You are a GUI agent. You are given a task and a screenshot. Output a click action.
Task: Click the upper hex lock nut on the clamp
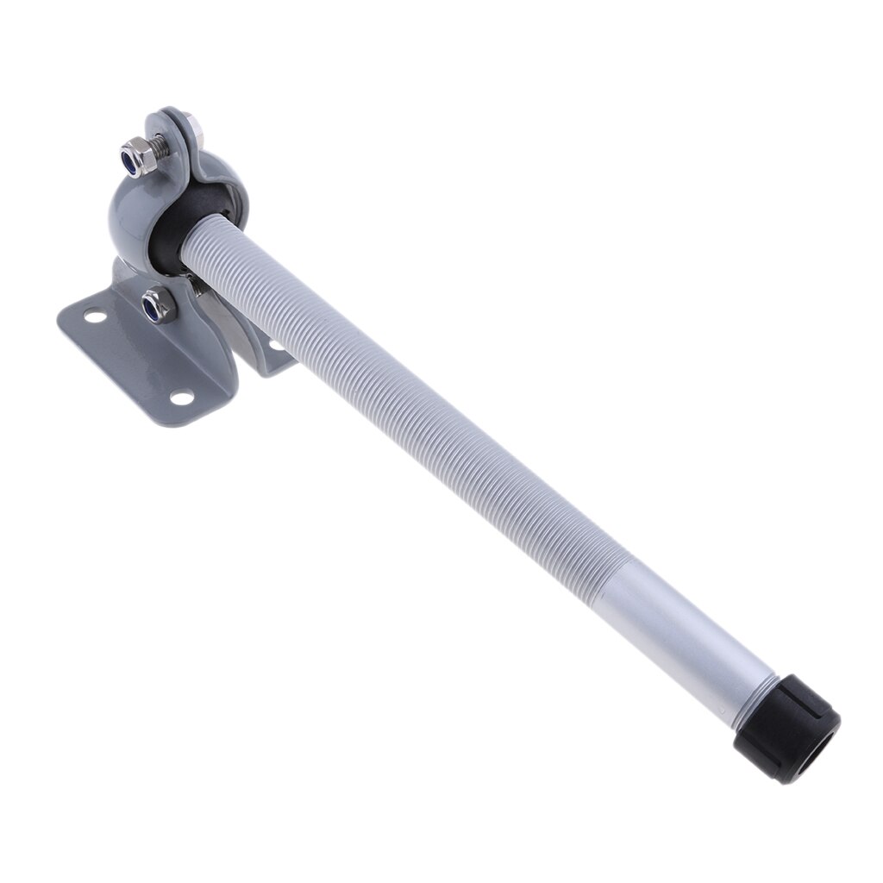(139, 157)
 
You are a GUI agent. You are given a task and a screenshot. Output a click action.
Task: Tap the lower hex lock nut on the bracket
(159, 304)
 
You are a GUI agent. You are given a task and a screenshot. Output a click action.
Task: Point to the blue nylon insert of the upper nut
(134, 160)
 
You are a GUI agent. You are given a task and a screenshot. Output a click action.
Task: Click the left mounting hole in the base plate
(95, 316)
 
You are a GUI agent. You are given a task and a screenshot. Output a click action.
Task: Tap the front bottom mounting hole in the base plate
(181, 397)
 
